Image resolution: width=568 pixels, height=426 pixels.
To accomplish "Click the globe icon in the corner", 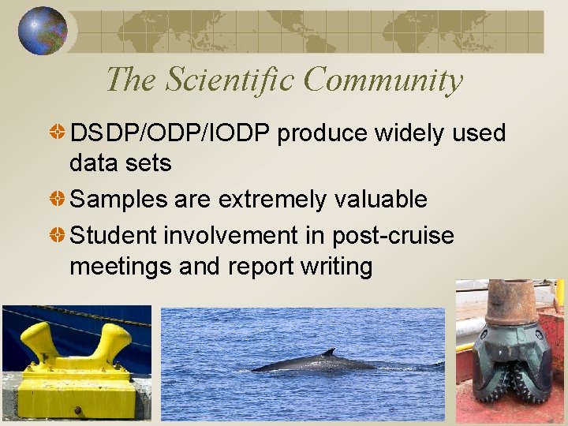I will (43, 32).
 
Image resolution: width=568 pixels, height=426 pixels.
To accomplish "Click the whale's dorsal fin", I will (329, 353).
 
